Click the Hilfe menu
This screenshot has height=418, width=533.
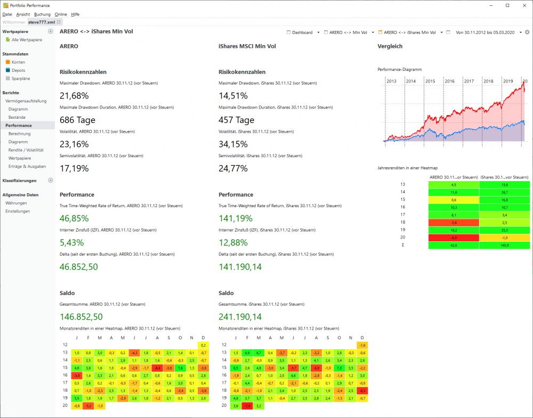point(75,14)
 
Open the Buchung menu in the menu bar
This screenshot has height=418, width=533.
point(42,14)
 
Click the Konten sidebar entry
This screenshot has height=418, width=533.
point(18,62)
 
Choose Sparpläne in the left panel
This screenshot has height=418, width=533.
point(21,78)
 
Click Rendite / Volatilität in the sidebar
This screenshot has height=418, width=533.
point(26,150)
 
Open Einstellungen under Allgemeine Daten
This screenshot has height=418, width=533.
point(18,211)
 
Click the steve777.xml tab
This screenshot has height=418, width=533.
point(42,22)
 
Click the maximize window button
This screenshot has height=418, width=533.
point(507,5)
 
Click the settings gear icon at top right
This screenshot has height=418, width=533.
point(527,32)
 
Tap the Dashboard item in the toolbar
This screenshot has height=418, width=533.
point(302,32)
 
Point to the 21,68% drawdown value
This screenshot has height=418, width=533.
point(74,96)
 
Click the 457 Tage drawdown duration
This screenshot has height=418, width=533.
point(236,120)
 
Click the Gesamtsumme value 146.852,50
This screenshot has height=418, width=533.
point(81,316)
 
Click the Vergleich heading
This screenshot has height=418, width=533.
point(390,46)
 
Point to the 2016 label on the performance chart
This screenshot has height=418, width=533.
point(449,81)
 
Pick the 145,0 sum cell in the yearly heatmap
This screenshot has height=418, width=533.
point(504,245)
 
